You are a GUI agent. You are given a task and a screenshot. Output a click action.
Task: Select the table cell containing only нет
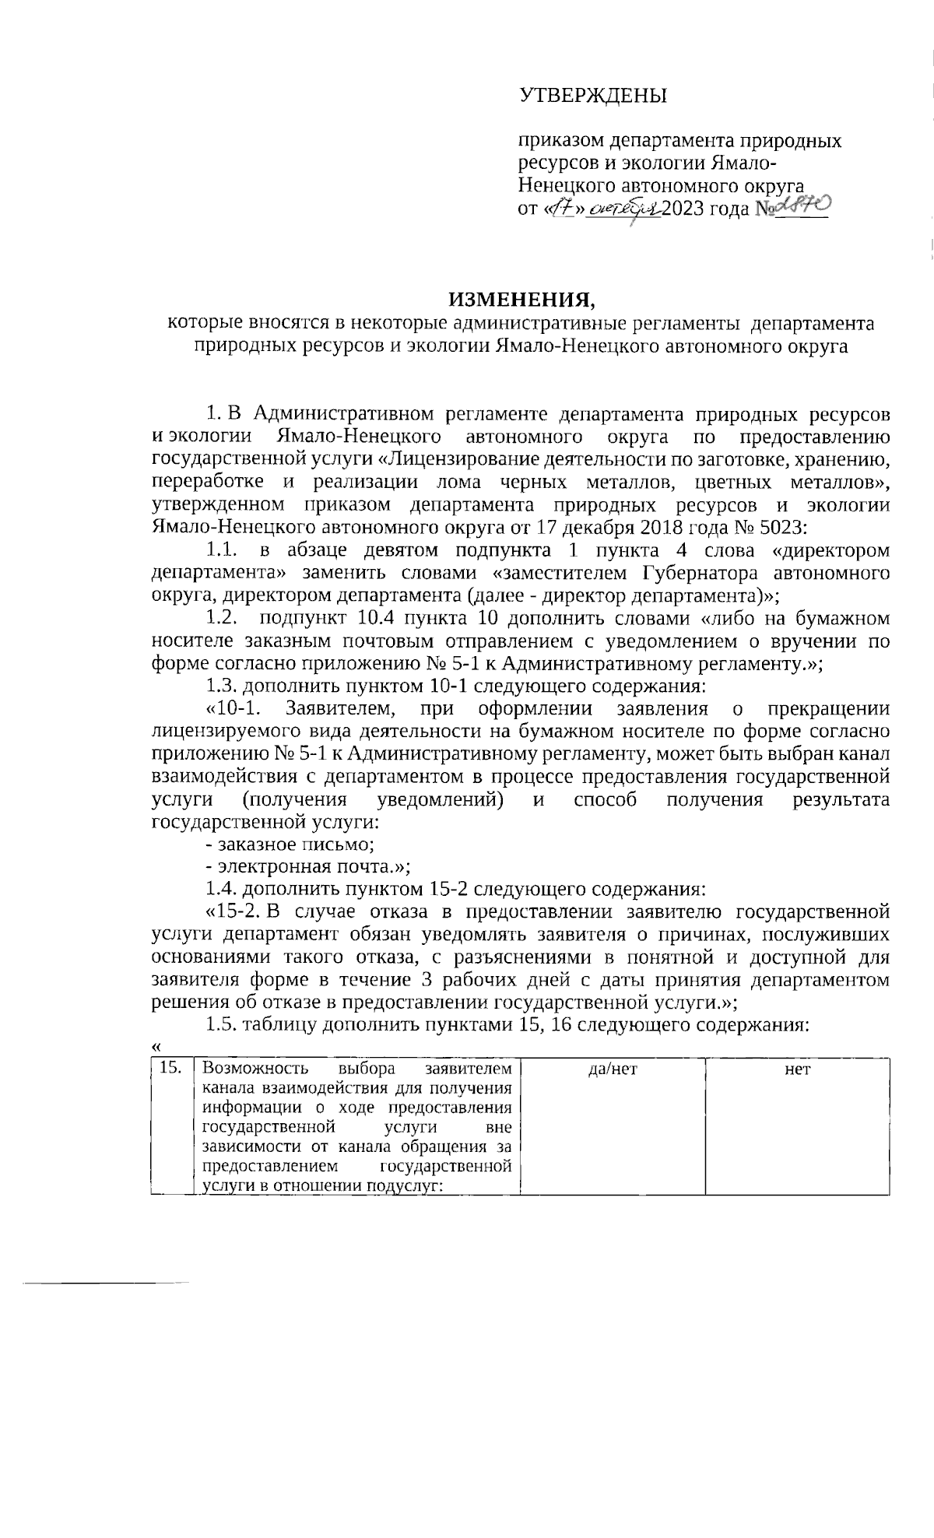point(798,1069)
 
